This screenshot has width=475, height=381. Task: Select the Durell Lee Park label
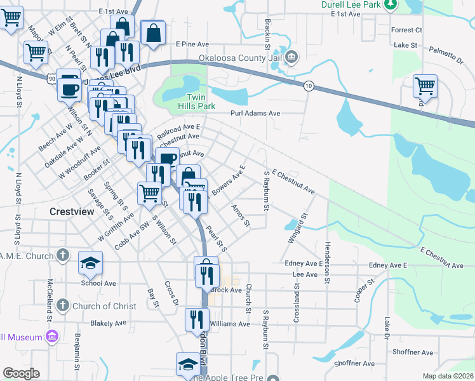[x=352, y=4]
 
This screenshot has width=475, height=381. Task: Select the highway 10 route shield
[x=308, y=86]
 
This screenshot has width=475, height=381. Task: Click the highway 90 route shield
[x=51, y=79]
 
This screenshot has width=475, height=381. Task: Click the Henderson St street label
[x=328, y=262]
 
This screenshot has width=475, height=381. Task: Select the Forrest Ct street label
[x=407, y=30]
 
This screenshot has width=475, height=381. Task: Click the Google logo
[x=20, y=373]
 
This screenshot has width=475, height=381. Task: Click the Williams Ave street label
[x=230, y=324]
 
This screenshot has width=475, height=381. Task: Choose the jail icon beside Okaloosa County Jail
[x=291, y=57]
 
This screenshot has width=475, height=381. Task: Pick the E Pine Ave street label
[x=192, y=44]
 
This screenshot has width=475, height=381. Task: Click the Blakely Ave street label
[x=108, y=323]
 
